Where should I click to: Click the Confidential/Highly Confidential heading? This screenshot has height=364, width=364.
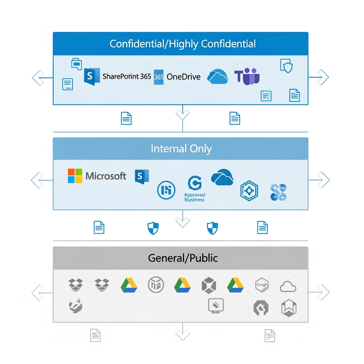pyautogui.click(x=182, y=44)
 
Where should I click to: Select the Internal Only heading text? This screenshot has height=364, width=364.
pyautogui.click(x=181, y=149)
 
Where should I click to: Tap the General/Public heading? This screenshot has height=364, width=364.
pyautogui.click(x=183, y=258)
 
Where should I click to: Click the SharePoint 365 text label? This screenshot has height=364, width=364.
pyautogui.click(x=127, y=76)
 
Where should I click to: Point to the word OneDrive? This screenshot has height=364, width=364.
pyautogui.click(x=183, y=77)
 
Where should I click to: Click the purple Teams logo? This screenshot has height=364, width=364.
pyautogui.click(x=247, y=77)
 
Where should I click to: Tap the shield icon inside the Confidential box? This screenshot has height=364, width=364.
pyautogui.click(x=286, y=66)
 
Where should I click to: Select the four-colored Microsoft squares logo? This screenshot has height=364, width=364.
pyautogui.click(x=75, y=176)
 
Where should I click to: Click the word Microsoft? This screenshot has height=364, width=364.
pyautogui.click(x=106, y=176)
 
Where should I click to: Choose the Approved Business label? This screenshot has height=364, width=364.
pyautogui.click(x=194, y=197)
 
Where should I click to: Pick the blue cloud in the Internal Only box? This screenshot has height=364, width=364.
pyautogui.click(x=222, y=177)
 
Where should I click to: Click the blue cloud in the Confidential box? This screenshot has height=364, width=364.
pyautogui.click(x=218, y=77)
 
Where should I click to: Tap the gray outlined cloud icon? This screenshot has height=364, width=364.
pyautogui.click(x=288, y=286)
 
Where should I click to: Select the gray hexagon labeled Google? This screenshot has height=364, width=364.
pyautogui.click(x=262, y=285)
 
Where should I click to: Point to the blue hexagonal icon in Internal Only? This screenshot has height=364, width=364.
pyautogui.click(x=249, y=191)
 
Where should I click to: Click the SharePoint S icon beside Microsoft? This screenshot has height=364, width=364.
pyautogui.click(x=142, y=177)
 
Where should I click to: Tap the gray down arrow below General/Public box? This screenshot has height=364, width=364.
pyautogui.click(x=182, y=334)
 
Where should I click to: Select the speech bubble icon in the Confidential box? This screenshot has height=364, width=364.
pyautogui.click(x=76, y=63)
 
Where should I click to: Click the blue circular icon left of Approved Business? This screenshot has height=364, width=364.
pyautogui.click(x=166, y=190)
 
